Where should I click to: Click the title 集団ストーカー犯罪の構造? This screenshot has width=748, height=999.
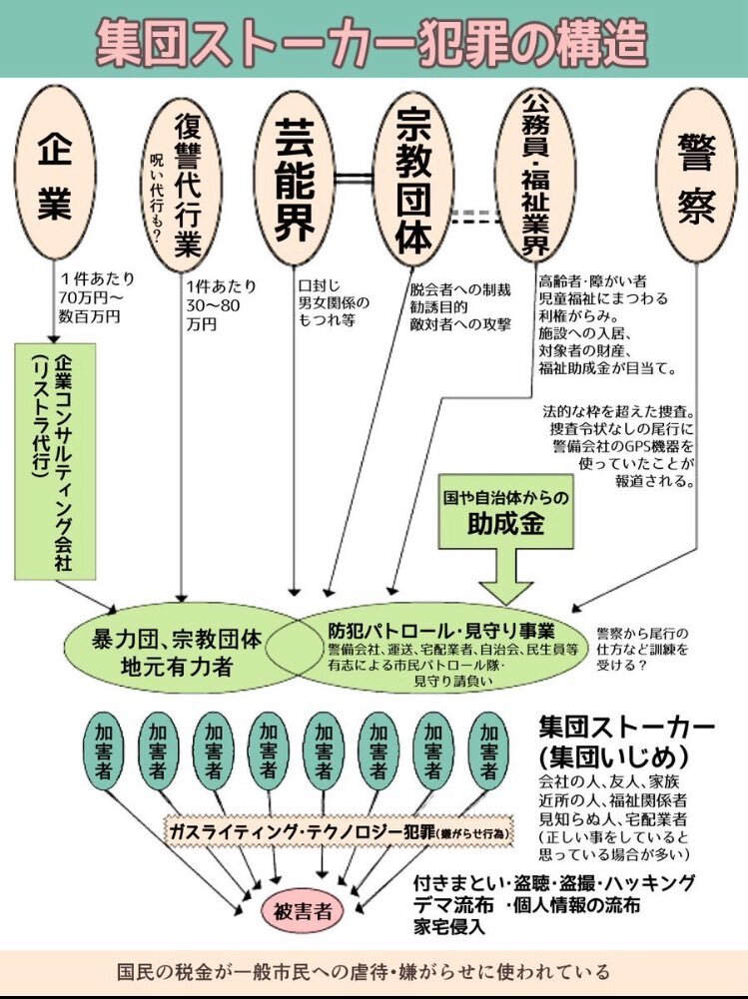click(372, 42)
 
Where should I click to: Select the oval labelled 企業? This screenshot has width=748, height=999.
click(56, 173)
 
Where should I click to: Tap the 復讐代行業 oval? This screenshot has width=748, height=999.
click(181, 186)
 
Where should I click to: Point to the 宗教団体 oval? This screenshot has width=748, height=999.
click(413, 179)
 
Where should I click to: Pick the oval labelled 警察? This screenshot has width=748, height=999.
click(696, 176)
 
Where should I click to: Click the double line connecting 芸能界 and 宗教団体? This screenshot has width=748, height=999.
click(354, 179)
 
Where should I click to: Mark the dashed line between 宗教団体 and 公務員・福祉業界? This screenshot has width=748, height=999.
click(475, 217)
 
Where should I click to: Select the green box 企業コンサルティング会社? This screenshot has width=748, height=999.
click(56, 462)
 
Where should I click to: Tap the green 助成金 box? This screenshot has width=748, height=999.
click(505, 512)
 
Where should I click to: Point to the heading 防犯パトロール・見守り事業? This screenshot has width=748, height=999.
click(441, 631)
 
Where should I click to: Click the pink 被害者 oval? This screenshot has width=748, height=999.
click(303, 911)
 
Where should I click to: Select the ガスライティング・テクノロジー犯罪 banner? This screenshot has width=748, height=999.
click(339, 830)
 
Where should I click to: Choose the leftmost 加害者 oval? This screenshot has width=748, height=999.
click(103, 751)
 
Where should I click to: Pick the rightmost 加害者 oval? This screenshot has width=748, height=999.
click(488, 751)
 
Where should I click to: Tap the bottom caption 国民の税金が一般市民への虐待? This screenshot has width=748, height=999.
click(364, 972)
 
